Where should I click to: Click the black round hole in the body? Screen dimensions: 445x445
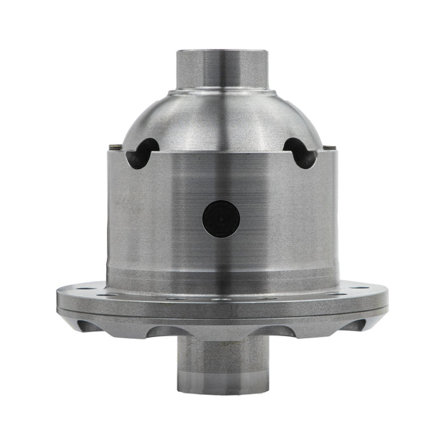(221, 219)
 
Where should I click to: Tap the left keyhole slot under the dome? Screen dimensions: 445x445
(141, 153)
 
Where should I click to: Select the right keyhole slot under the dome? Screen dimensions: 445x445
(301, 153)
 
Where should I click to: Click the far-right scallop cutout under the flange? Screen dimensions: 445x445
(358, 326)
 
